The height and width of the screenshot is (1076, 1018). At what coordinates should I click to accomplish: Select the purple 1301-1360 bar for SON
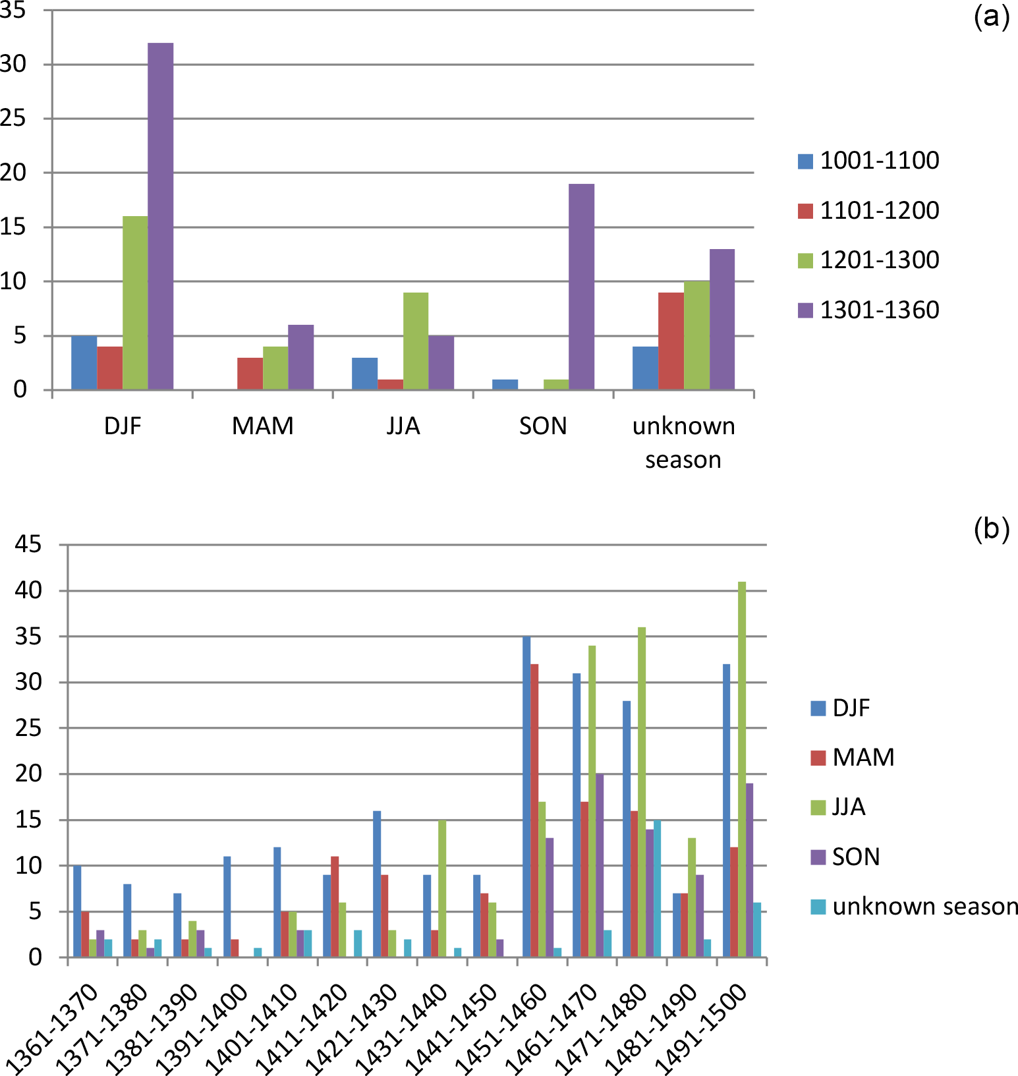click(x=581, y=287)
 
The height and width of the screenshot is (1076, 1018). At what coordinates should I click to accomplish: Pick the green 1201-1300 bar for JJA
click(x=416, y=341)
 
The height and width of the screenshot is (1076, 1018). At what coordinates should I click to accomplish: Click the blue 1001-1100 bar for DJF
click(x=84, y=362)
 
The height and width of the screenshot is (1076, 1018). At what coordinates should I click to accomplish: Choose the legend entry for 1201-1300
click(x=868, y=260)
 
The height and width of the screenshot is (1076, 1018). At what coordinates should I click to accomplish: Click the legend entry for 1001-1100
click(x=868, y=161)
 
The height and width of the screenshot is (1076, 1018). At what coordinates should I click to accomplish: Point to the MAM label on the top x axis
click(x=262, y=426)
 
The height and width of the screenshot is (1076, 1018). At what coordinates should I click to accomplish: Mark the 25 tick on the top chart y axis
click(x=13, y=119)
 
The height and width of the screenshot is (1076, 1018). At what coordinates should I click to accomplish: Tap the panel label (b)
click(x=991, y=528)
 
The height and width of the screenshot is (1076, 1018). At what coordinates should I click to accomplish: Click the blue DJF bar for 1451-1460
click(x=526, y=797)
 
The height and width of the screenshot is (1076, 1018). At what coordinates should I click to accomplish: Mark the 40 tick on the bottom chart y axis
click(x=28, y=590)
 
